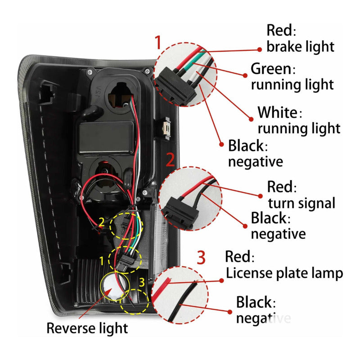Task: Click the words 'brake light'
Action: tap(300, 46)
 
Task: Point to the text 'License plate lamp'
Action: tap(284, 273)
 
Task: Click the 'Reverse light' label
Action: tap(87, 328)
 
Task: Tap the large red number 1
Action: tap(157, 43)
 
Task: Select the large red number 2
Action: tap(170, 160)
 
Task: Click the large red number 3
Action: tap(201, 258)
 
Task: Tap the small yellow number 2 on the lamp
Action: tap(102, 222)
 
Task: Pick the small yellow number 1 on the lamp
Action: tap(102, 260)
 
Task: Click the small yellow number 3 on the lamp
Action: tap(142, 283)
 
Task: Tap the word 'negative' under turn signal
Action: tap(278, 234)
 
